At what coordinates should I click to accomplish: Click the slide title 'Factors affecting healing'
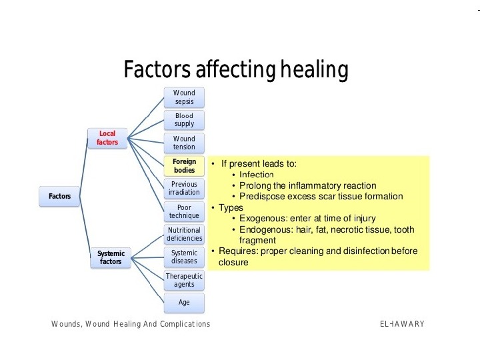point(236,69)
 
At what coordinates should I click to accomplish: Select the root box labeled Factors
point(59,196)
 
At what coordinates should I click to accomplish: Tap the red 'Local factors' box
point(107,138)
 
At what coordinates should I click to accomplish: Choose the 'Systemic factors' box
point(111,257)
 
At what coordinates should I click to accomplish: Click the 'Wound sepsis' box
point(184,97)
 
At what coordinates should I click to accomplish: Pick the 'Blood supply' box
point(184,120)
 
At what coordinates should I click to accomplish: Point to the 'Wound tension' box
point(184,143)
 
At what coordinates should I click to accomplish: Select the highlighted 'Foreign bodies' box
point(184,166)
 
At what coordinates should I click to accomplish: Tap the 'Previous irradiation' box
point(184,188)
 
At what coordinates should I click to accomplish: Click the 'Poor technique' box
point(184,211)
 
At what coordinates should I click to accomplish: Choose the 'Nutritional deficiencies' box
point(184,235)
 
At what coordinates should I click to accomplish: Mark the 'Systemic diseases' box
point(184,257)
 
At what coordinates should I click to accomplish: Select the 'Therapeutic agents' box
point(184,280)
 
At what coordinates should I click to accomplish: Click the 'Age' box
point(184,303)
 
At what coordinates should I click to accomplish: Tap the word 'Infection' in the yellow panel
point(257,175)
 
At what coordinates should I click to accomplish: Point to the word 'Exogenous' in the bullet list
point(261,219)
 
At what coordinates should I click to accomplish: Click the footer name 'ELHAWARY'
point(402,324)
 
